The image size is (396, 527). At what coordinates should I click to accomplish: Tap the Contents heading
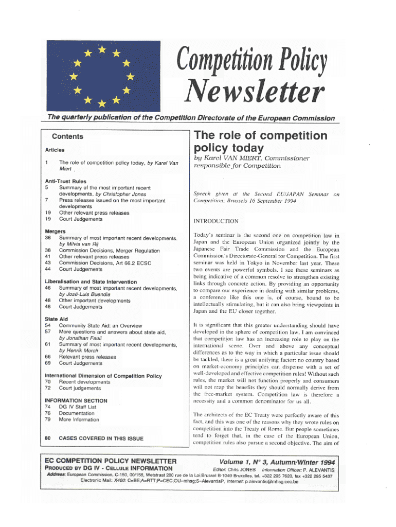coord(67,137)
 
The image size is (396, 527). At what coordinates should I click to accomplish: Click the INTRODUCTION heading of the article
coord(215,221)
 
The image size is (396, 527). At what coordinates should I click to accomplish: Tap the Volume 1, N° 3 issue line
coord(276,461)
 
